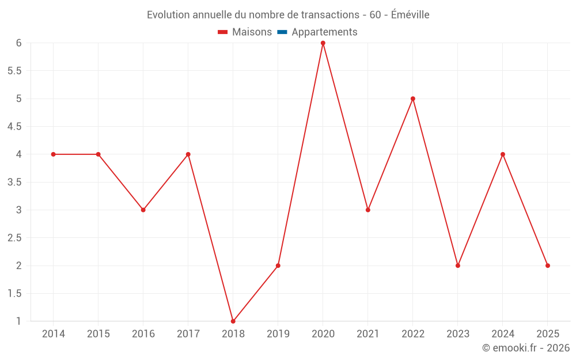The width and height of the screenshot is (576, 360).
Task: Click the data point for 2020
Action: point(323,43)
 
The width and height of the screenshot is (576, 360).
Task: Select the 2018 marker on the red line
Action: point(233,321)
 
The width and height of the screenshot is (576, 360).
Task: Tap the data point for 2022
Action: point(413,98)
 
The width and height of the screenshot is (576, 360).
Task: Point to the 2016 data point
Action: point(143,210)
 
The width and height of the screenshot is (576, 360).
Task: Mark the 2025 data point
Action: point(548,266)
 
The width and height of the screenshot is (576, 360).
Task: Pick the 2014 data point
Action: point(54,154)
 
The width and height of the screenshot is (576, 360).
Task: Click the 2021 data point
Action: point(368,210)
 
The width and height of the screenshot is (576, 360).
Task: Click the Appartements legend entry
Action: point(324,32)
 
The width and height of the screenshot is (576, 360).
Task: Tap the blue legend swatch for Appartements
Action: point(282,32)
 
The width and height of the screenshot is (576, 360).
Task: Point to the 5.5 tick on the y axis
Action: point(14,71)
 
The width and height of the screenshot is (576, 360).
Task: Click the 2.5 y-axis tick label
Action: point(14,238)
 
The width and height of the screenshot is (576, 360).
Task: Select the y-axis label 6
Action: point(19,43)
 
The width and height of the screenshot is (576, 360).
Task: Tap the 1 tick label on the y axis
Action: point(19,321)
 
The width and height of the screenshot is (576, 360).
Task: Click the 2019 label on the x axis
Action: point(278,334)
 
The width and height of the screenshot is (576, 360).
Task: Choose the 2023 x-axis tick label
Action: point(458,334)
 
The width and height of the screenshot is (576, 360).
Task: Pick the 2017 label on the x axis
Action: point(188,334)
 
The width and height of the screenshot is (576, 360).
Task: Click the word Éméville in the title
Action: point(410,14)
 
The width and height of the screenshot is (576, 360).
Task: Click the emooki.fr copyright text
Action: point(526,348)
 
